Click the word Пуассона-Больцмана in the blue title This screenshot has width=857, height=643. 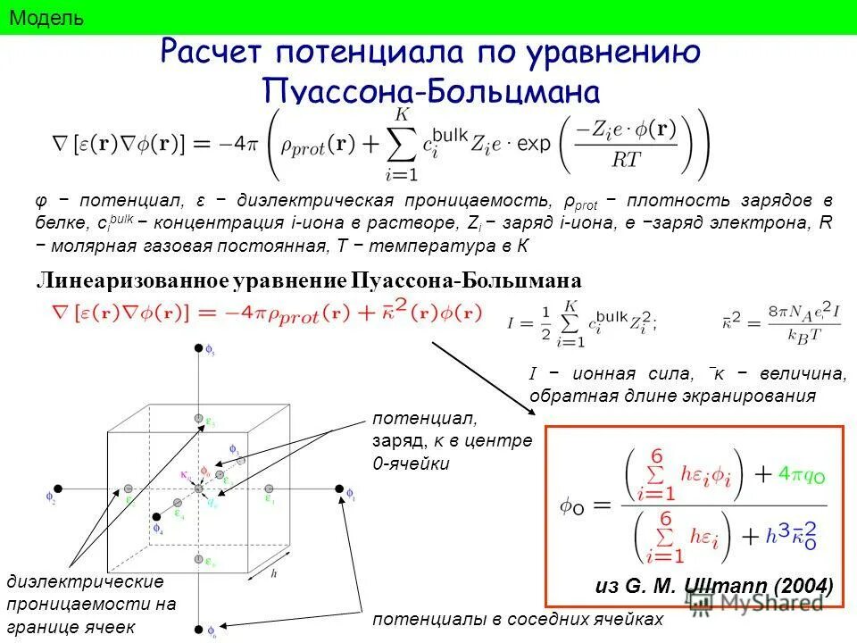429,91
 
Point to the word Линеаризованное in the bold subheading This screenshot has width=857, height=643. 133,280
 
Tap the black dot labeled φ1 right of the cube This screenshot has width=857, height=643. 339,489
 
